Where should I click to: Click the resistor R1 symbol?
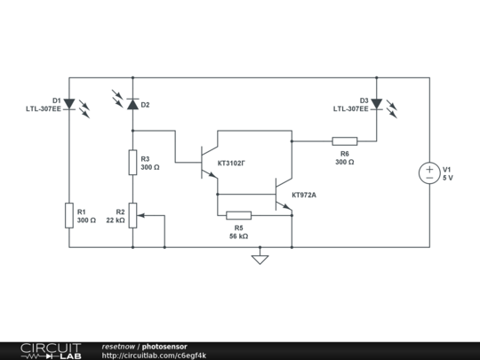pos(68,215)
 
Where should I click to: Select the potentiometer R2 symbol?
pos(133,215)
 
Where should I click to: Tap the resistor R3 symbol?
pos(133,163)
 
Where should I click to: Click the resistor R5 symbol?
pos(238,215)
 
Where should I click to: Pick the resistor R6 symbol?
pos(345,140)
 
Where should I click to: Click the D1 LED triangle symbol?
pos(68,104)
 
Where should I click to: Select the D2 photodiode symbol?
pos(133,104)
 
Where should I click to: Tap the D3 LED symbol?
pos(376,104)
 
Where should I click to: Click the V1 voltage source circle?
pos(429,173)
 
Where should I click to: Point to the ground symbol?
pos(260,260)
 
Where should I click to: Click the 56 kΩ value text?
pos(238,236)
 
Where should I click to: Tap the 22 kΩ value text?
pos(115,220)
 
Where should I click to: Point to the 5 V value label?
pos(448,178)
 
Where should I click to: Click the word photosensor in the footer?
pos(164,346)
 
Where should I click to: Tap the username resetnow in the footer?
pos(119,346)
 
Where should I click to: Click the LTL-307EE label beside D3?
pos(351,108)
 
